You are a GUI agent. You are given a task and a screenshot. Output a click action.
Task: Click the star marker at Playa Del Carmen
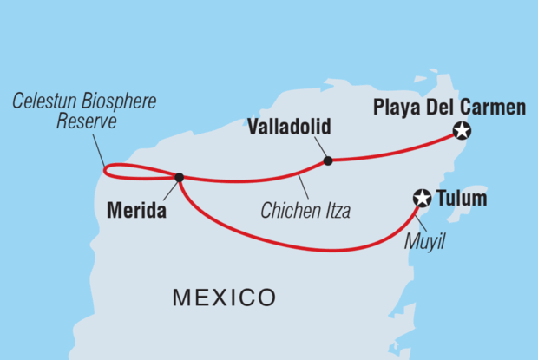point(463,132)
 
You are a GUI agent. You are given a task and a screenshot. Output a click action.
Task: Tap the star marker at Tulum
point(422,199)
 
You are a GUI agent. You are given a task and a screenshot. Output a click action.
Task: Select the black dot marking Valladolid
point(327,160)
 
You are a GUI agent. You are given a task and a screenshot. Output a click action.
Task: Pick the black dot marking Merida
point(179,177)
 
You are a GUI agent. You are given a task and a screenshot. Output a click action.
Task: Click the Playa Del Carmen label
point(449,108)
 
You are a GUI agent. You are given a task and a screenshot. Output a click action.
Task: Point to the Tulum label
point(463,200)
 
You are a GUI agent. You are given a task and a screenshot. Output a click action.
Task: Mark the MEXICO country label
point(224,298)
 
